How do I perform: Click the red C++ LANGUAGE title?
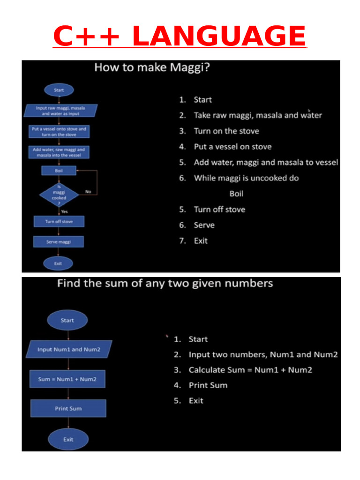pyautogui.click(x=180, y=36)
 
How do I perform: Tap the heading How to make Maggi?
pyautogui.click(x=152, y=67)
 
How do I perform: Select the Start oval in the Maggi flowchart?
pyautogui.click(x=59, y=90)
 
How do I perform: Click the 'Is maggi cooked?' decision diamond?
pyautogui.click(x=59, y=195)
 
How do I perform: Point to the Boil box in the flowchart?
pyautogui.click(x=59, y=171)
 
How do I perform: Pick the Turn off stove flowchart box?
pyautogui.click(x=59, y=221)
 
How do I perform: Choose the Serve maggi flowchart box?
pyautogui.click(x=59, y=242)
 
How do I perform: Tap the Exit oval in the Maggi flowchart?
pyautogui.click(x=58, y=263)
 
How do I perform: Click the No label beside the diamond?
pyautogui.click(x=88, y=191)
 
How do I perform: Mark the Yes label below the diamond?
pyautogui.click(x=65, y=211)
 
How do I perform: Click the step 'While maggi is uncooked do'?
pyautogui.click(x=246, y=178)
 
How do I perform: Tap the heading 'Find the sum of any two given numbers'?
pyautogui.click(x=165, y=284)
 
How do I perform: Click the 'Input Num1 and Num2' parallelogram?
pyautogui.click(x=69, y=350)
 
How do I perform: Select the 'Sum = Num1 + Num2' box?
pyautogui.click(x=68, y=379)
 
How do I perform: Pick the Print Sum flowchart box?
pyautogui.click(x=68, y=409)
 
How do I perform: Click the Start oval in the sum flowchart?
pyautogui.click(x=67, y=321)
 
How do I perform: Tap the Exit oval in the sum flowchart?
pyautogui.click(x=68, y=440)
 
